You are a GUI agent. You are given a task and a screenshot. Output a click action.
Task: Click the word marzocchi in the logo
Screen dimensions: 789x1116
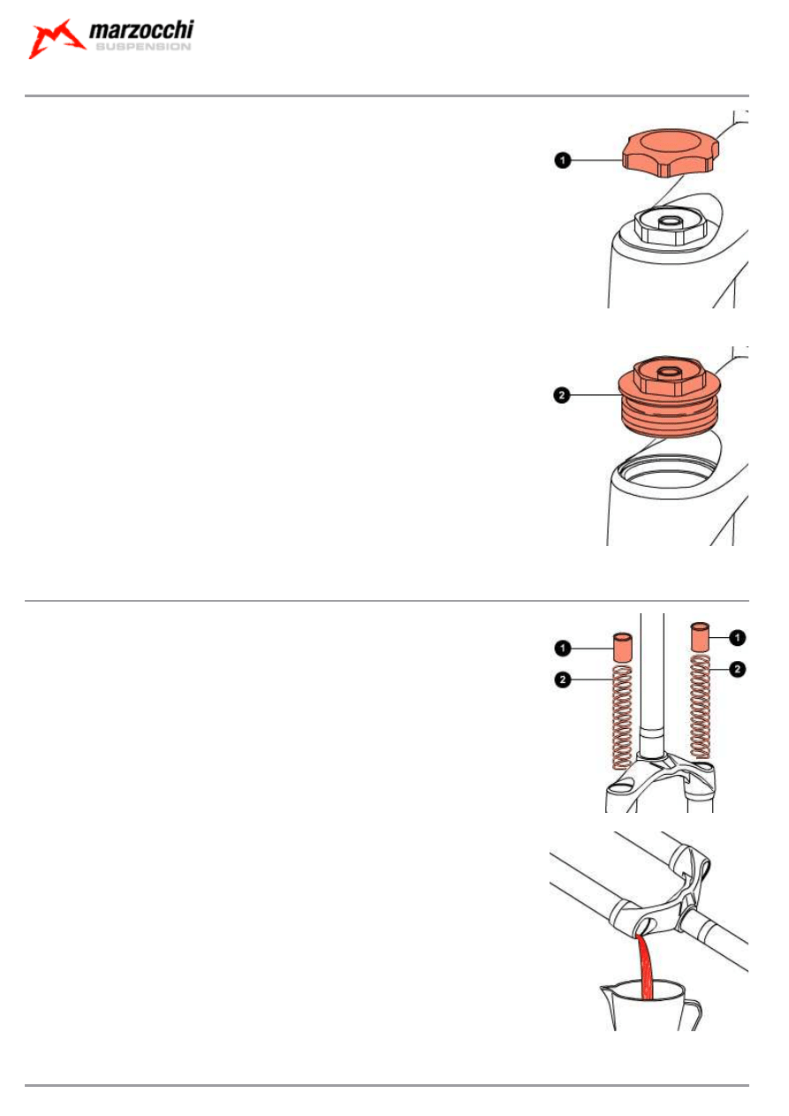coord(141,30)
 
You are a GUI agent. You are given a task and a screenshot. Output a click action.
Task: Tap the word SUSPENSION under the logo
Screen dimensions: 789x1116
coord(143,47)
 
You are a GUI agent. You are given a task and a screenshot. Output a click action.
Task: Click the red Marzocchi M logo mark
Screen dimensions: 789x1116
coord(57,39)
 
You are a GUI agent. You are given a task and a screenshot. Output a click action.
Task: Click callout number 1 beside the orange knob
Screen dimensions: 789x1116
coord(562,161)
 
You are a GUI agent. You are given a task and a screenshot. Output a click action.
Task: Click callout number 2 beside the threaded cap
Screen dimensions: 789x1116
coord(562,395)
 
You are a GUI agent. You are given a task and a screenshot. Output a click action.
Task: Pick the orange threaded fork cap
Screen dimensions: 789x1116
coord(670,397)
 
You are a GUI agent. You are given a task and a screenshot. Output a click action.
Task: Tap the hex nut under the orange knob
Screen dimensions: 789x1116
coord(671,227)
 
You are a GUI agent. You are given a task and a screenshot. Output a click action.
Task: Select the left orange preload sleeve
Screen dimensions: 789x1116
coord(622,648)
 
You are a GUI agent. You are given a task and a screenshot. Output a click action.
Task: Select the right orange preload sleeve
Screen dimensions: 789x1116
coord(701,637)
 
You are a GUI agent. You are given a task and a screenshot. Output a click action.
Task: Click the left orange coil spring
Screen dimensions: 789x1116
coord(622,717)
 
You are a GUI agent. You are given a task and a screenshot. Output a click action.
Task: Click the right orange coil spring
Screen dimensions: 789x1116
coord(700,707)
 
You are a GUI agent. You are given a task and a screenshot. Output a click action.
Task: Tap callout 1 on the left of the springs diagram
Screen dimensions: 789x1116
coord(562,649)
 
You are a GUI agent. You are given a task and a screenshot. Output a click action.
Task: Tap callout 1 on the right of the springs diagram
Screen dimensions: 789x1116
coord(737,638)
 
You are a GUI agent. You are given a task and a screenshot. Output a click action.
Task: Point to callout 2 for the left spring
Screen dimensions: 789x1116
coord(562,679)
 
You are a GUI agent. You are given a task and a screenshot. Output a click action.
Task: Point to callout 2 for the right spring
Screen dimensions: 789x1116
coord(737,669)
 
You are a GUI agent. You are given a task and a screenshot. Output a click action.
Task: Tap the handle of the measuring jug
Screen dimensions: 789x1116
coord(693,1014)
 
